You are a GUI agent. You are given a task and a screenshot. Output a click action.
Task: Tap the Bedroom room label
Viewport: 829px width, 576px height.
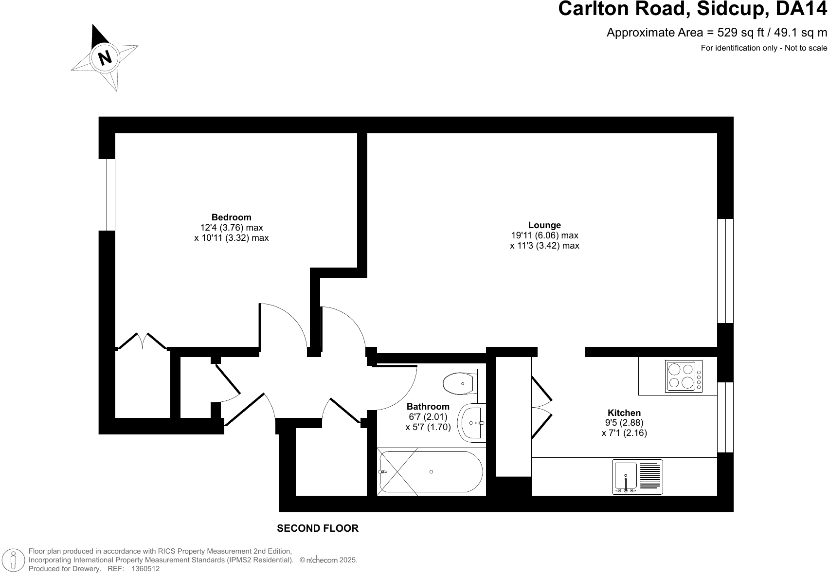click(x=231, y=217)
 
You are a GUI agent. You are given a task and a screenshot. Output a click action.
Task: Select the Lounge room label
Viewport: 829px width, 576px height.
click(x=544, y=225)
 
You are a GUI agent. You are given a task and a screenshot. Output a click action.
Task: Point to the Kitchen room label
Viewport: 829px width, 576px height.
click(x=624, y=413)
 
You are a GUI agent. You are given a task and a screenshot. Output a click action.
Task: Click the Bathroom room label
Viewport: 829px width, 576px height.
click(x=428, y=407)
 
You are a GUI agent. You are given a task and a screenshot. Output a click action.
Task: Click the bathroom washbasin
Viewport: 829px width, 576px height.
click(x=472, y=423)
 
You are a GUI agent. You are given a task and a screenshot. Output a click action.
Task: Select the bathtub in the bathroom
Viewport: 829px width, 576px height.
click(x=431, y=471)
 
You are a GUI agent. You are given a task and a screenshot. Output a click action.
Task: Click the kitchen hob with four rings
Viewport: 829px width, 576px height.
click(x=684, y=376)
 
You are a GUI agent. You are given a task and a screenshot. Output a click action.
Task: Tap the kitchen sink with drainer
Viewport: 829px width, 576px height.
click(x=637, y=477)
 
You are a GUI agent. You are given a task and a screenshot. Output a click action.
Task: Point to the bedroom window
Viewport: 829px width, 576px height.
click(x=107, y=195)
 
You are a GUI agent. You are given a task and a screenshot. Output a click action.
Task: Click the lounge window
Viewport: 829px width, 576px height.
click(x=725, y=271)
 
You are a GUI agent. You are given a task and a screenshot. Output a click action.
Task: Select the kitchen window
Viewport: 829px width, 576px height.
click(x=725, y=417)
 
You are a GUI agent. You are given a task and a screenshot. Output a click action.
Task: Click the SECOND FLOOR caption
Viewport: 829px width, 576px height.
click(x=318, y=528)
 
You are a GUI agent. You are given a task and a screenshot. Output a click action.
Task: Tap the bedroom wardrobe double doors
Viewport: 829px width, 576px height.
click(x=142, y=341)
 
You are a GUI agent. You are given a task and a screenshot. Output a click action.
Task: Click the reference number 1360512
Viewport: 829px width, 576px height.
click(x=145, y=568)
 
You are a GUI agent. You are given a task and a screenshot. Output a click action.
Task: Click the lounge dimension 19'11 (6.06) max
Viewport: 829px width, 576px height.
click(x=544, y=235)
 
